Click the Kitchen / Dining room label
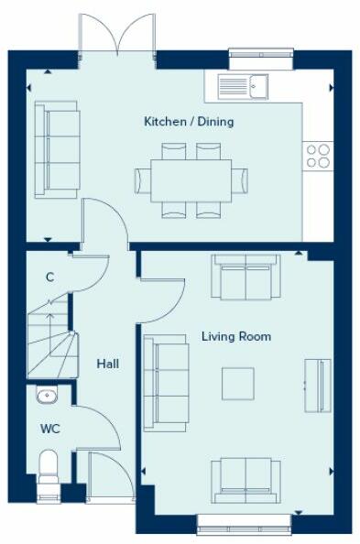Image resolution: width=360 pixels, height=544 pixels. (x=188, y=122)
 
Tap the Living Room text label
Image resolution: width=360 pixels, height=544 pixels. (x=235, y=337)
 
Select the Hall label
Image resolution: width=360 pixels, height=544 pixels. (x=107, y=364)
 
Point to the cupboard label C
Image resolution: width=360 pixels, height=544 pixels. (x=49, y=277)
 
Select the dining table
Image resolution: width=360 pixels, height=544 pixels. (x=191, y=180)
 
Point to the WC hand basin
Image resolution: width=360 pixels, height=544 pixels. (x=47, y=396)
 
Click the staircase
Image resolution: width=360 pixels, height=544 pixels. (x=48, y=340)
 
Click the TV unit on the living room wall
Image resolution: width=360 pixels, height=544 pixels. (x=313, y=383)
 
